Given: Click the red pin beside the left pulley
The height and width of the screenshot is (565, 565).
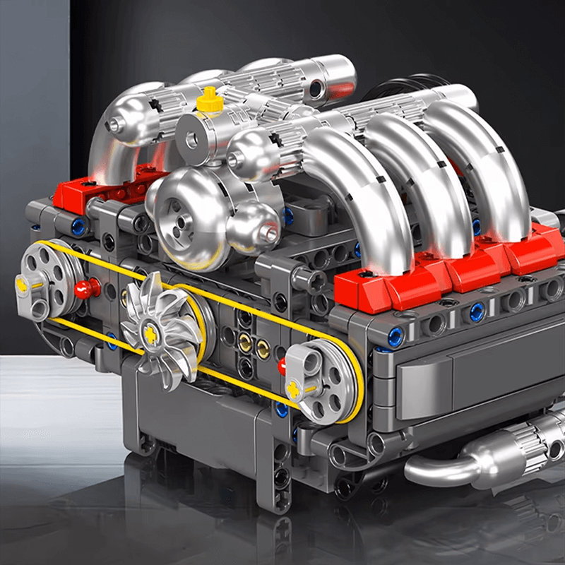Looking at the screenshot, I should point(85,287).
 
